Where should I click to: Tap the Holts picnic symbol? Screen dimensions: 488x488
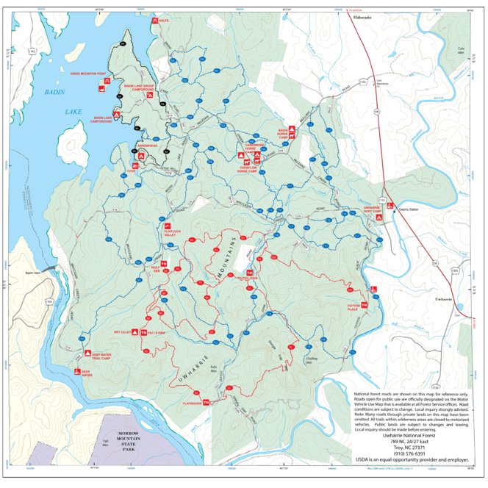point(154,20)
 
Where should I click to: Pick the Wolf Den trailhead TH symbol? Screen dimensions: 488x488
point(164,263)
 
